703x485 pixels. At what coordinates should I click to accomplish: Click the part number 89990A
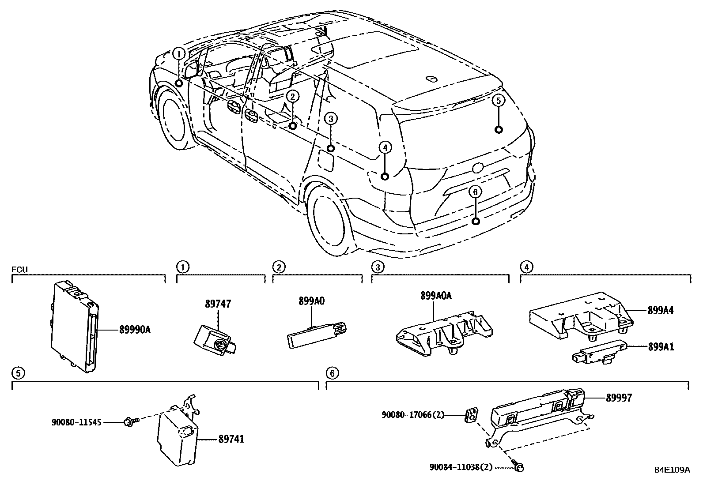coord(135,330)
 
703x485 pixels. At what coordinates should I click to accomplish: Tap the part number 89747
coord(218,304)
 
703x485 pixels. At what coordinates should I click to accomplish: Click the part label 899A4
coord(661,311)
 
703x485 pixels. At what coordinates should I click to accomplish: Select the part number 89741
coord(231,439)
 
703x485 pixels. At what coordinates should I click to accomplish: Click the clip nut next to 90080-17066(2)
coord(472,416)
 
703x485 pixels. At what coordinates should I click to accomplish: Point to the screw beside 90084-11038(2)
coord(519,466)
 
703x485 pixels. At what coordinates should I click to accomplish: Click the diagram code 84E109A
coord(672,470)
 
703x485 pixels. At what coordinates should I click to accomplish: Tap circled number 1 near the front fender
coord(178,54)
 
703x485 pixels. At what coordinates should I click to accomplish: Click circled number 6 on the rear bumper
coord(475,192)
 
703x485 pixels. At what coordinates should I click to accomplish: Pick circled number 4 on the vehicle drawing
coord(385,147)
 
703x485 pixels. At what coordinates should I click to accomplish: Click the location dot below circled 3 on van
coord(331,148)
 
